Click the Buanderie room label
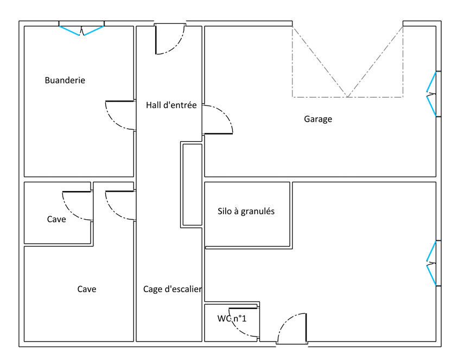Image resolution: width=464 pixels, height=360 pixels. [x=65, y=80]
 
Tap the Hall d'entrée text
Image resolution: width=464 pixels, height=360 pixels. [x=171, y=105]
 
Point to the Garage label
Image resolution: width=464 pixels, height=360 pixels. [x=318, y=119]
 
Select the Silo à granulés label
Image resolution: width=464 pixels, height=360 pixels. [x=246, y=211]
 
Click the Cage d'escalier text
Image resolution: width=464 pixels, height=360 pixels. [x=172, y=289]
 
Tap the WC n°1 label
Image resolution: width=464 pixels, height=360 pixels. [x=232, y=319]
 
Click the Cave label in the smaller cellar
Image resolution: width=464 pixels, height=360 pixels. [x=56, y=219]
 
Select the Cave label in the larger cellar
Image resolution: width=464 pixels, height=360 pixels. [x=87, y=289]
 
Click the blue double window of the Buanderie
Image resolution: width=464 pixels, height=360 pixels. [x=81, y=30]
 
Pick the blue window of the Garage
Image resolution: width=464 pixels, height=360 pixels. [x=431, y=94]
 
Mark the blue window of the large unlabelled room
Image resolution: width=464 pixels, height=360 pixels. [x=431, y=263]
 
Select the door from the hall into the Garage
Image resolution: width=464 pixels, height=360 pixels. [x=218, y=119]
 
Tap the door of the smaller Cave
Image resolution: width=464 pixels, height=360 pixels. [x=77, y=206]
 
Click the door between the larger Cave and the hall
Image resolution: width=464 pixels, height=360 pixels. [x=120, y=205]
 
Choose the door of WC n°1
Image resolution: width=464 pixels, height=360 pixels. [x=243, y=322]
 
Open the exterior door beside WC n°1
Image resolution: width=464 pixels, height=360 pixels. [x=292, y=329]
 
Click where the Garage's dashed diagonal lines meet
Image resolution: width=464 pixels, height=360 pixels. [x=347, y=97]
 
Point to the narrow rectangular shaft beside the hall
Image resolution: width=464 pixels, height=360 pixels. [x=192, y=185]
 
